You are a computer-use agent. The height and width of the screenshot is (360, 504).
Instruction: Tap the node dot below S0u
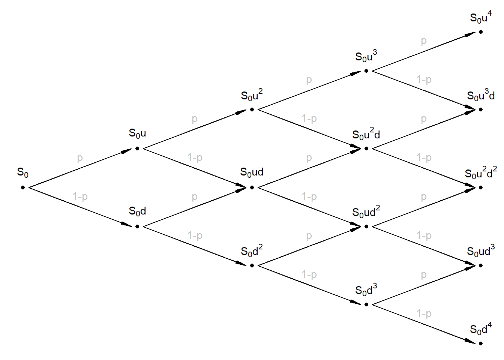pyautogui.click(x=137, y=148)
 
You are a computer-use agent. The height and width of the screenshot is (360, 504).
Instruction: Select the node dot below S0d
pyautogui.click(x=137, y=226)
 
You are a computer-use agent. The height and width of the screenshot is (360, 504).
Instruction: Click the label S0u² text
pyautogui.click(x=252, y=96)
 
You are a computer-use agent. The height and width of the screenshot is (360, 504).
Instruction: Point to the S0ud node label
pyautogui.click(x=252, y=172)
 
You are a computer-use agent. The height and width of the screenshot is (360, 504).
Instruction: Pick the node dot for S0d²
pyautogui.click(x=252, y=265)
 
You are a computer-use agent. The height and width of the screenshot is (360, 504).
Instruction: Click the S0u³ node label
pyautogui.click(x=366, y=56)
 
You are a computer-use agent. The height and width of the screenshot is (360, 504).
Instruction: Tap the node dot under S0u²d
pyautogui.click(x=366, y=148)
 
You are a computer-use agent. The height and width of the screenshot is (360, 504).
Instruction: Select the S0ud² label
pyautogui.click(x=366, y=212)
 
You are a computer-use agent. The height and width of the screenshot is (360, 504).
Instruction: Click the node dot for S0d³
pyautogui.click(x=366, y=304)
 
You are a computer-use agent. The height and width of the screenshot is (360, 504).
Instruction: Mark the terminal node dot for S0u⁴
pyautogui.click(x=481, y=32)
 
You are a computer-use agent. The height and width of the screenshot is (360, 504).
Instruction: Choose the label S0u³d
pyautogui.click(x=481, y=95)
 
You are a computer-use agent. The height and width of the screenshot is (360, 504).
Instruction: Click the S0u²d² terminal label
pyautogui.click(x=481, y=173)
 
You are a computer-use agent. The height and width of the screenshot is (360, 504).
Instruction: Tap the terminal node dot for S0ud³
pyautogui.click(x=481, y=265)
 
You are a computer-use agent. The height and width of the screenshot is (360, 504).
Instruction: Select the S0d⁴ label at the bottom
pyautogui.click(x=481, y=329)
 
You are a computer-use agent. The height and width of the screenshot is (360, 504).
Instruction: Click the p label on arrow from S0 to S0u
pyautogui.click(x=79, y=158)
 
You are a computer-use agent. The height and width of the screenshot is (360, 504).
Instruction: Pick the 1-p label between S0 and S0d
pyautogui.click(x=80, y=196)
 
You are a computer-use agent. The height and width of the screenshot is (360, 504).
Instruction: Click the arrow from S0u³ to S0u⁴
pyautogui.click(x=424, y=51)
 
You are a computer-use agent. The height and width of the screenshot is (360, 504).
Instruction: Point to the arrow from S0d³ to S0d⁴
pyautogui.click(x=424, y=324)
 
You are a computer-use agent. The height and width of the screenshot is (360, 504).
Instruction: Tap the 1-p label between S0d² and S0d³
pyautogui.click(x=309, y=274)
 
